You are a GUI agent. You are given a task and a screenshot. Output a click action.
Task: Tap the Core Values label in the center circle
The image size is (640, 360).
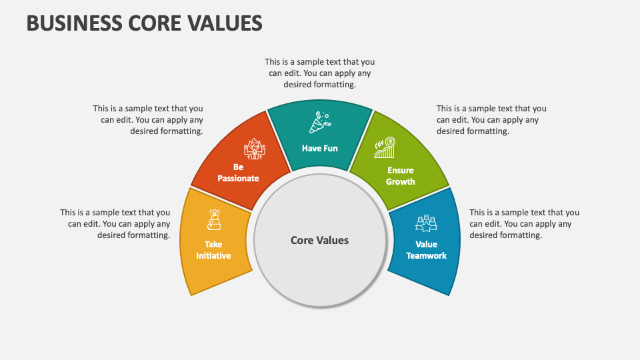(x=319, y=240)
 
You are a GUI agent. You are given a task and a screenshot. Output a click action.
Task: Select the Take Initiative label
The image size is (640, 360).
(x=214, y=250)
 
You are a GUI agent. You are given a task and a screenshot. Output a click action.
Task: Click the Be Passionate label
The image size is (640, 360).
(x=238, y=173)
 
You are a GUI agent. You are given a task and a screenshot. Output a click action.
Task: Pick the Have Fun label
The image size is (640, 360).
(x=320, y=148)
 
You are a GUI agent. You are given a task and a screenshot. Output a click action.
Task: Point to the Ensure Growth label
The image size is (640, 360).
(x=400, y=176)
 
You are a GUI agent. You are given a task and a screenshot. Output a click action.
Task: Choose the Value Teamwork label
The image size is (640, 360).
(x=426, y=250)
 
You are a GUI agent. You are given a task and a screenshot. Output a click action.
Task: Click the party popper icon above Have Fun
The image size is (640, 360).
(x=321, y=123)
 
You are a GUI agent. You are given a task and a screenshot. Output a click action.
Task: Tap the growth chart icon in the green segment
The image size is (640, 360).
(x=385, y=148)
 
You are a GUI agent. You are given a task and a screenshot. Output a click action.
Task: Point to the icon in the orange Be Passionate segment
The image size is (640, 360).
(x=255, y=149)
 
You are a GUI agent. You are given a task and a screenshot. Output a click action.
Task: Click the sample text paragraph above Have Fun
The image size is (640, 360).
(x=320, y=73)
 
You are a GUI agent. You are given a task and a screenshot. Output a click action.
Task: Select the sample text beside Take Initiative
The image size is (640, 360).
(x=115, y=224)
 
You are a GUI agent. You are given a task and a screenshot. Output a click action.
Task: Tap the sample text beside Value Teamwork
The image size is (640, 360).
(x=524, y=224)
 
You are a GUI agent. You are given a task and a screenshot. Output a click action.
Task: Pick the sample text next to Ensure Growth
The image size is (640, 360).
(x=491, y=120)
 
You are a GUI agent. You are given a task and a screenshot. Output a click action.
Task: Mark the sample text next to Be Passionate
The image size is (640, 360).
(x=148, y=120)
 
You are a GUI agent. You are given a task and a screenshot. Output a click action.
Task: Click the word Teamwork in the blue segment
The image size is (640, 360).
(x=426, y=255)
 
